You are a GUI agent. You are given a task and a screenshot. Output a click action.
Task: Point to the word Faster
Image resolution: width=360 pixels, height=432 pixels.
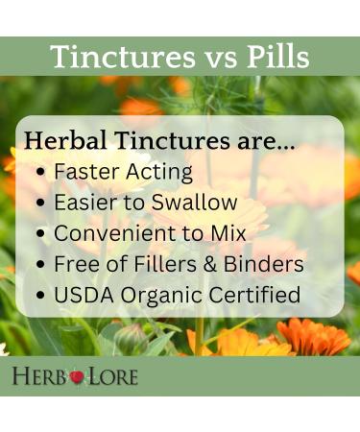[x=87, y=172]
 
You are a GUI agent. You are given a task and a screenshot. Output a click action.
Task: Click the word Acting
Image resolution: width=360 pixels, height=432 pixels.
[x=159, y=172]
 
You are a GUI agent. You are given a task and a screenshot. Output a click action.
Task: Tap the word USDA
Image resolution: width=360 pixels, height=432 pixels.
[x=83, y=295]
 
